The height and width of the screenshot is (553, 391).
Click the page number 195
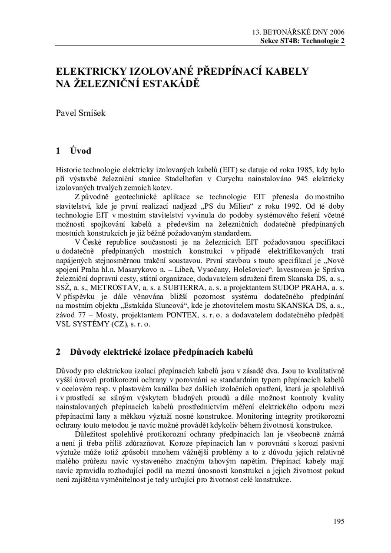tap(339, 521)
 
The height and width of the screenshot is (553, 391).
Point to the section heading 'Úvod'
tap(80, 151)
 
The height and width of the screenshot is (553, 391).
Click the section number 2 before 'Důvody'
tap(58, 351)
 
